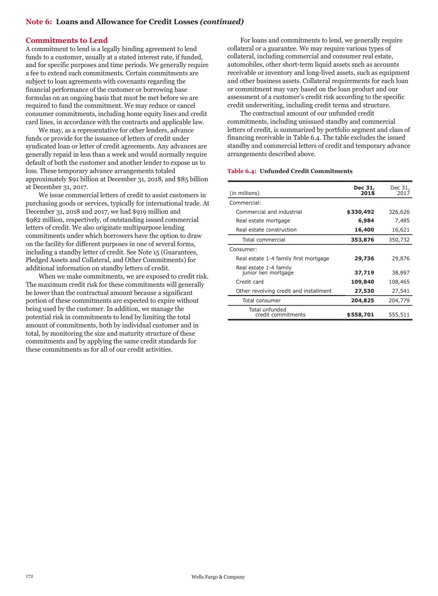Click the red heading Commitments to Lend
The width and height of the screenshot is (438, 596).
point(67,40)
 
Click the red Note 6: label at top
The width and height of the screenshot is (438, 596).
point(39,21)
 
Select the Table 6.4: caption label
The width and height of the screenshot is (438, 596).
point(242,171)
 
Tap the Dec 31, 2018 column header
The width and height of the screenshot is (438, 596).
point(364,190)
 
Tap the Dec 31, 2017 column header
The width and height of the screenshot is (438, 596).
point(400,190)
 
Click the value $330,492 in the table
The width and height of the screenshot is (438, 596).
point(360,212)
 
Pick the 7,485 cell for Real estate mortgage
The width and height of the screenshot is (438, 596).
point(402,221)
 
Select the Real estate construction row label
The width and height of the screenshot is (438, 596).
point(266,230)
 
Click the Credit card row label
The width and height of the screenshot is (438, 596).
point(250,282)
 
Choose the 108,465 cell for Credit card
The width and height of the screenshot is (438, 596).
point(399,282)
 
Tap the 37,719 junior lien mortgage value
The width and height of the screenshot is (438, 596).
point(364,273)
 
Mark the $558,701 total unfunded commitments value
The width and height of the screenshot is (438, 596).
point(360,315)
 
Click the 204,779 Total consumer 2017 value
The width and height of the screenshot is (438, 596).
point(399,301)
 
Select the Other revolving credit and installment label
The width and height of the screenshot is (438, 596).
point(283,291)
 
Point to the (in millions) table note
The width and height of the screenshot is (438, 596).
point(244,193)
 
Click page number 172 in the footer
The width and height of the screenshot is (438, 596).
point(29,576)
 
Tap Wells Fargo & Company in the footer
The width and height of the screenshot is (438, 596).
point(218,577)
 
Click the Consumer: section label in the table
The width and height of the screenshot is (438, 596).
point(243,249)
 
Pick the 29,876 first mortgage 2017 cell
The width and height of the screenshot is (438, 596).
point(401,258)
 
